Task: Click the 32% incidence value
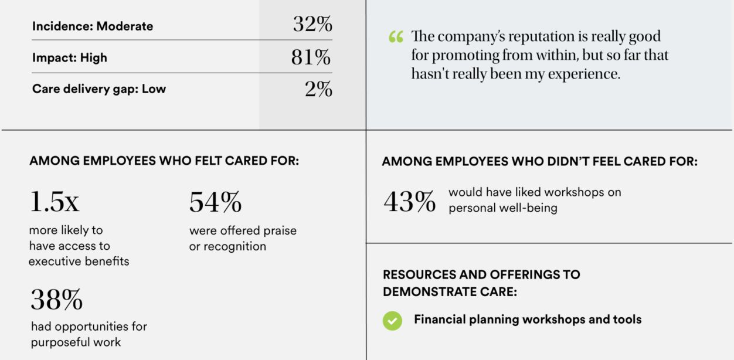click(x=312, y=25)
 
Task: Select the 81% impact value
click(x=311, y=57)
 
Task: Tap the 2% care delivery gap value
click(x=318, y=89)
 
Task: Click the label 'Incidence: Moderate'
click(x=93, y=26)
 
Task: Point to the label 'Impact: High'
click(x=70, y=58)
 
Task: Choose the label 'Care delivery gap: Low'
click(x=99, y=89)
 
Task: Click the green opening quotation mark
click(x=396, y=38)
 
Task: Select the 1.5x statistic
click(x=54, y=202)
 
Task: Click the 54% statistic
click(x=215, y=202)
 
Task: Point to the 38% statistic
click(x=56, y=300)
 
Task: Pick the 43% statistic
click(x=409, y=202)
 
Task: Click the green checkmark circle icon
click(x=392, y=321)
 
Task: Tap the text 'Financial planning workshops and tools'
click(x=528, y=320)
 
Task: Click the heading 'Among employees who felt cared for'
click(x=164, y=161)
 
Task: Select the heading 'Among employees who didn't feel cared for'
click(x=539, y=162)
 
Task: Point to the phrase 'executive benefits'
click(x=79, y=261)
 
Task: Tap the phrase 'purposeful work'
click(x=76, y=342)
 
